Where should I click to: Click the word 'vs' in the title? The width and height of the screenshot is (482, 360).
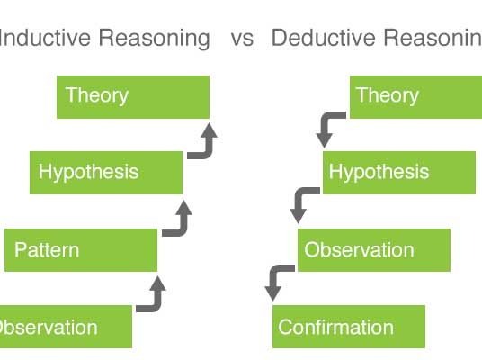pos(242,39)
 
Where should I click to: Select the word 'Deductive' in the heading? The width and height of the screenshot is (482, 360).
pos(324,38)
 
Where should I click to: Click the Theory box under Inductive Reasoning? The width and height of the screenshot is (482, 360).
pos(133,97)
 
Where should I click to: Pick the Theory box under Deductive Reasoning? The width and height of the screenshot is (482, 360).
pos(416,97)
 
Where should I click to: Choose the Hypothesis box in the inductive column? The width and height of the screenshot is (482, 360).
pos(106,173)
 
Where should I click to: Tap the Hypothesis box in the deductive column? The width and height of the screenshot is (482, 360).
pos(399,173)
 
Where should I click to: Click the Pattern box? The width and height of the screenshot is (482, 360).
pos(81,250)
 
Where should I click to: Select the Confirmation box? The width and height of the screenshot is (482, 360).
pos(349,327)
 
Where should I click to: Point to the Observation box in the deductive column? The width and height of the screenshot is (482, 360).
pos(374,250)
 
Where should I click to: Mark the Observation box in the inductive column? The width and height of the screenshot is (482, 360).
pos(66,327)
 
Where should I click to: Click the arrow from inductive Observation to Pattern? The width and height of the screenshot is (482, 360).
pos(157,304)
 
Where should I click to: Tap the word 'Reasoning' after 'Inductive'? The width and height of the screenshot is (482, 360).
pos(154,39)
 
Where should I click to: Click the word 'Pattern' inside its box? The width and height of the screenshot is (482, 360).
pos(47,249)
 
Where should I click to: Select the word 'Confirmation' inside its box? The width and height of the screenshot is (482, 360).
pos(335,327)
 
